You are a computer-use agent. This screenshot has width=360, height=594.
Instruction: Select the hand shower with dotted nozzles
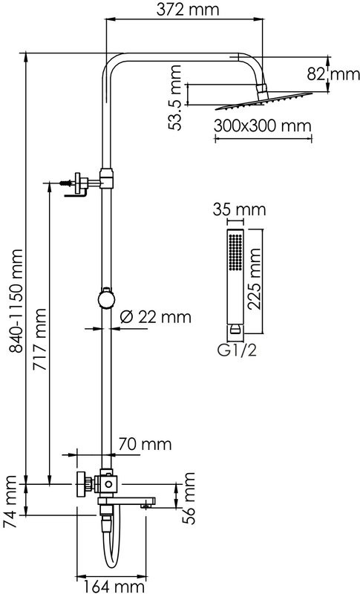(235, 282)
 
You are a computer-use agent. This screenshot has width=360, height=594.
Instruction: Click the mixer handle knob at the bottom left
(82, 484)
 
